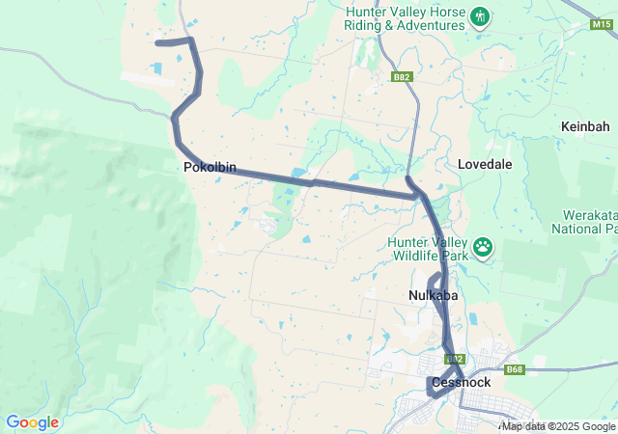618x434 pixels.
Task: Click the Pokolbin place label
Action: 210,167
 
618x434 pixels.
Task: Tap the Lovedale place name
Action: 485,164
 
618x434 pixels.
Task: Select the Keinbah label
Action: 584,126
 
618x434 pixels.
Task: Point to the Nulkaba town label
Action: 433,295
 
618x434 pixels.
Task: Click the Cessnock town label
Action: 461,382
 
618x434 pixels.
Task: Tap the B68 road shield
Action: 515,368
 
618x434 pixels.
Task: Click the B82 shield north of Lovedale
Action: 403,76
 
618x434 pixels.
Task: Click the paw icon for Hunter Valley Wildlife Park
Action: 482,250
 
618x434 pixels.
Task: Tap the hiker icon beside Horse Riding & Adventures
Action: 480,16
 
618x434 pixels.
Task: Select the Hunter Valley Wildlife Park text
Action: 426,249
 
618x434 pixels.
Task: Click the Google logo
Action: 32,422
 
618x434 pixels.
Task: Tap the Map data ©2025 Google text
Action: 558,426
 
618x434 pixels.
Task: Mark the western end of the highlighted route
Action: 157,42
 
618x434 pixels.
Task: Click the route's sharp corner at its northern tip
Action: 191,41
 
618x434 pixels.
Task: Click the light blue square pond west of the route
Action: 156,68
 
